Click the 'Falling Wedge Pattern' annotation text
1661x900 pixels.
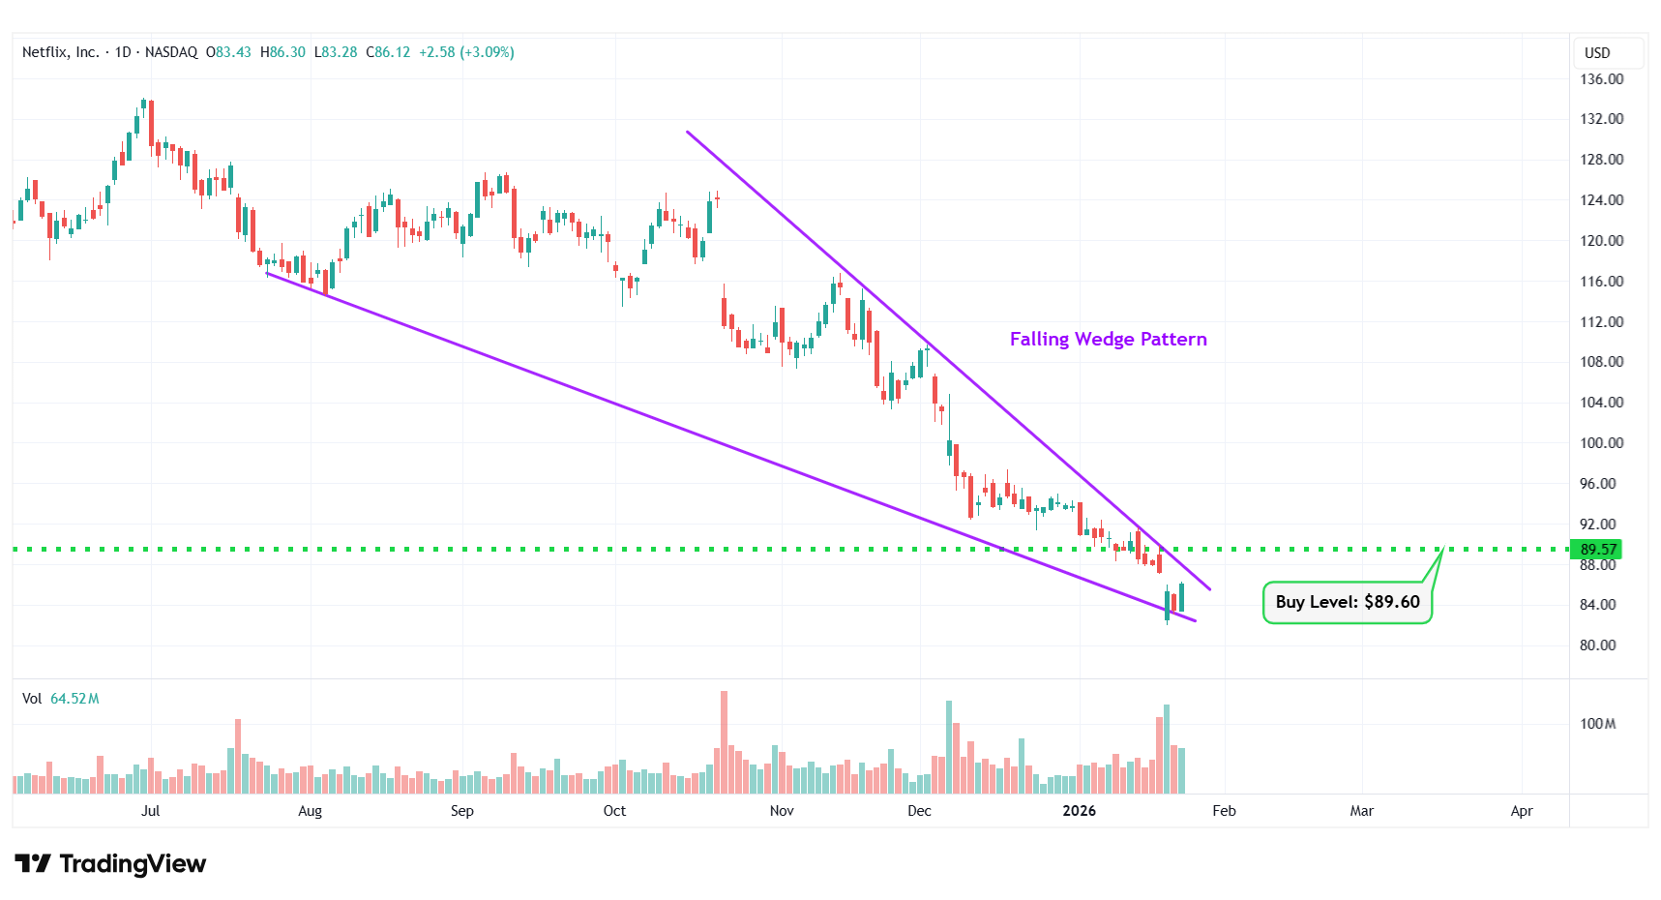click(x=1108, y=339)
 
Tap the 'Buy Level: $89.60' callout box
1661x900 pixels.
click(x=1347, y=602)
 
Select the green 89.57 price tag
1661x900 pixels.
click(x=1597, y=550)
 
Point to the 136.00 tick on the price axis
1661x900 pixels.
click(x=1601, y=79)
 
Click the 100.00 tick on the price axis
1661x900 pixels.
click(x=1601, y=443)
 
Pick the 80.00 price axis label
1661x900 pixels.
click(x=1597, y=645)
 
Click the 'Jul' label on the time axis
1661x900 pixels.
click(x=150, y=811)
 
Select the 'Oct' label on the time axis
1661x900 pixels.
click(x=614, y=811)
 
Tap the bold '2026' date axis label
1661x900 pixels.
click(x=1079, y=811)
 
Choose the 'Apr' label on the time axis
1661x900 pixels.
click(x=1521, y=811)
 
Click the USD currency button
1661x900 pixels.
click(x=1597, y=53)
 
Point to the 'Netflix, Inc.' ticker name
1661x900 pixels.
click(x=60, y=52)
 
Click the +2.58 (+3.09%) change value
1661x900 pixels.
click(x=466, y=52)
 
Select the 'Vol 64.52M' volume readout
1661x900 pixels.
click(x=61, y=699)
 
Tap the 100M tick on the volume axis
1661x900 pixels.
click(x=1597, y=724)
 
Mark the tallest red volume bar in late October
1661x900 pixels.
click(x=724, y=741)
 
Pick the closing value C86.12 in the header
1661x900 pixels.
click(x=388, y=52)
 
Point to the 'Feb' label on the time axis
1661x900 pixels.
click(x=1224, y=811)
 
